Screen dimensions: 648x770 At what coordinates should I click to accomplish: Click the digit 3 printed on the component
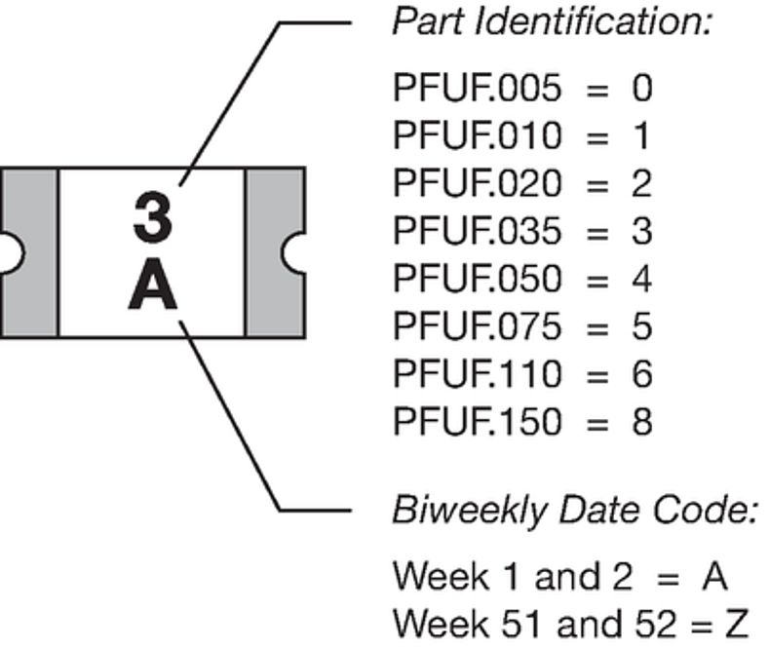coord(153,215)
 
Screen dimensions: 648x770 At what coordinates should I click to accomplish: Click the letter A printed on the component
coord(153,287)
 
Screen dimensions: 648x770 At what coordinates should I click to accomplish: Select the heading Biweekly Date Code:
coord(573,510)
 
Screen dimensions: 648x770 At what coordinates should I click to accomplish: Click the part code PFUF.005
coord(478,89)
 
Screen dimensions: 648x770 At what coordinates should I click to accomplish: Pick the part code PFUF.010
coord(478,136)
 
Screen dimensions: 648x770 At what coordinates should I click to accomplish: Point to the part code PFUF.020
coord(478,183)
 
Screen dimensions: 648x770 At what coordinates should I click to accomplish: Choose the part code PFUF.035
coord(478,231)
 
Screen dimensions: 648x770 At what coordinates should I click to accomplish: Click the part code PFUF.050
coord(478,279)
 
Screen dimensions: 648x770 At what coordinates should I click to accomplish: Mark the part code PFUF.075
coord(478,326)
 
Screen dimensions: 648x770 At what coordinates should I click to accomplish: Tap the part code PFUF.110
coord(478,374)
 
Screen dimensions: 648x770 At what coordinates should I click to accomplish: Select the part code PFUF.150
coord(478,422)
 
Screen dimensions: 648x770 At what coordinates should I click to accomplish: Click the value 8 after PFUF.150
coord(640,422)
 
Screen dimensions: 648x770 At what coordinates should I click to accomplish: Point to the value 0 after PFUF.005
coord(640,89)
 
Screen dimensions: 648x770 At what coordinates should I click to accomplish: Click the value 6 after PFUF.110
coord(640,374)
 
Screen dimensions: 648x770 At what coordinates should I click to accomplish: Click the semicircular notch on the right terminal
coord(294,252)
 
